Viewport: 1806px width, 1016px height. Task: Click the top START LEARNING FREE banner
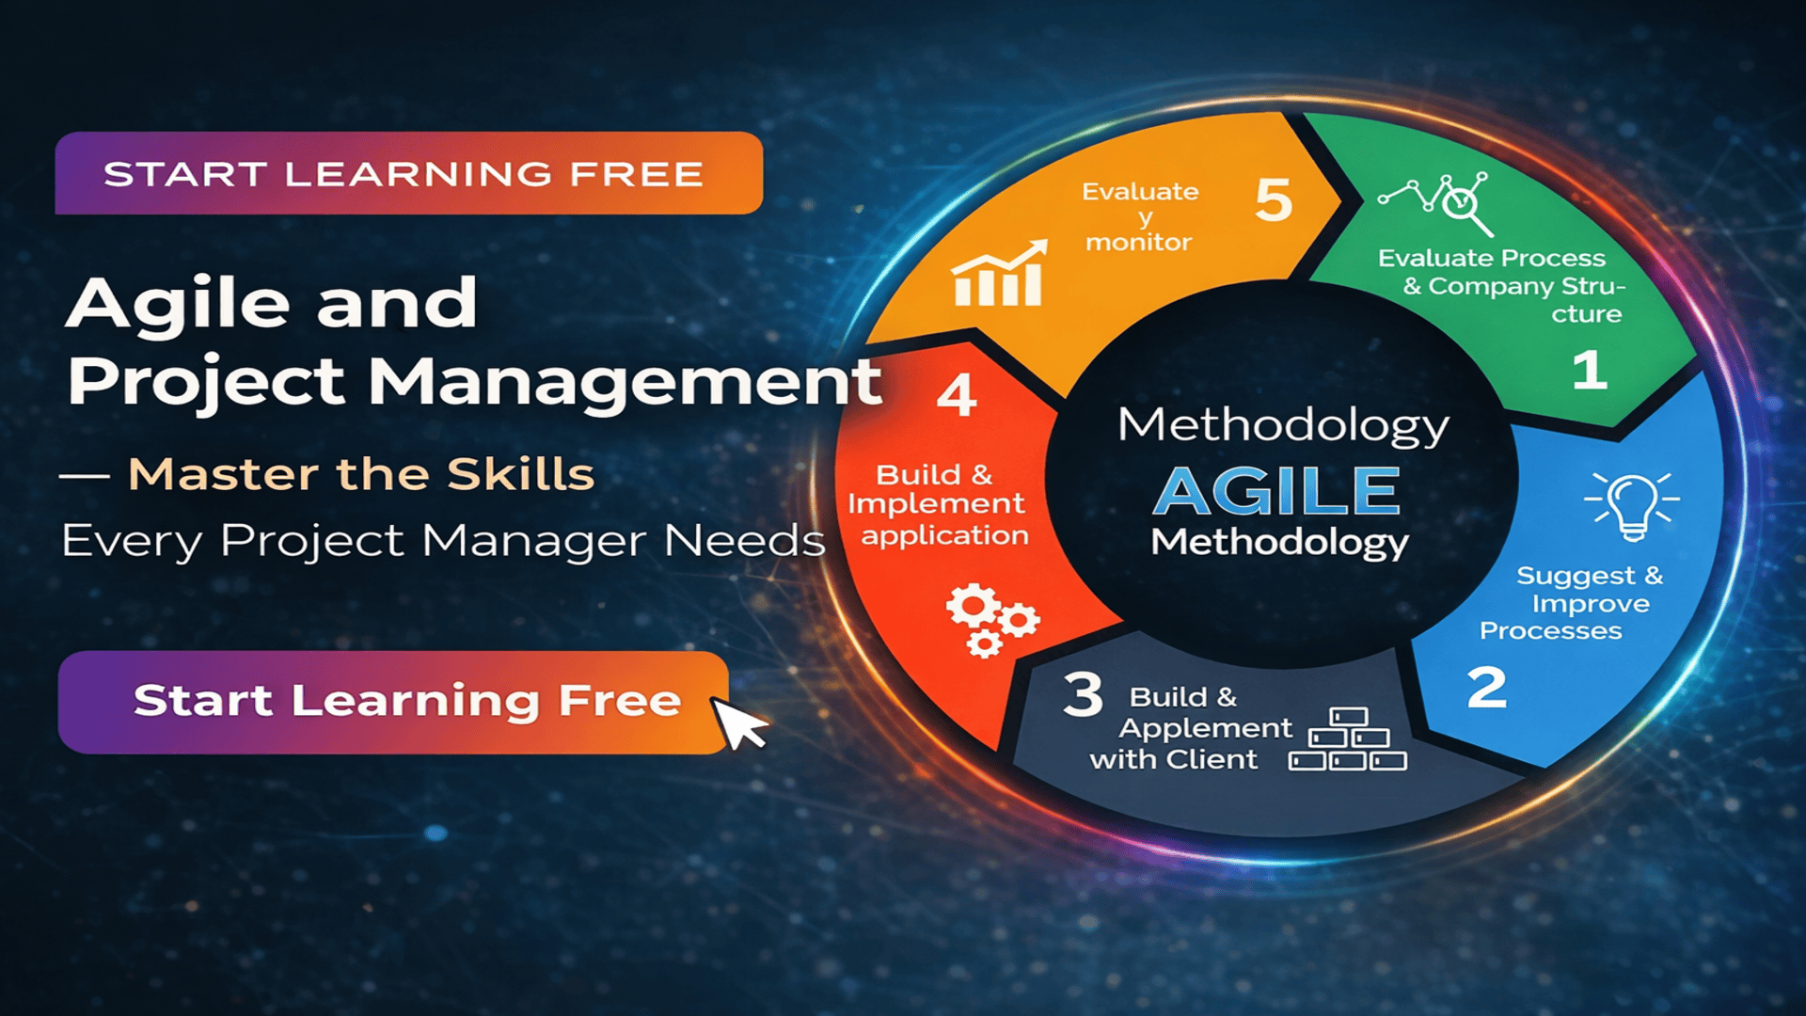click(408, 173)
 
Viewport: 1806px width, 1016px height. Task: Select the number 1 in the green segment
click(1590, 370)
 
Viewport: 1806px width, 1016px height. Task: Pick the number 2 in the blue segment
click(1486, 688)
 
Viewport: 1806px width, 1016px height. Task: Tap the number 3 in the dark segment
click(1083, 695)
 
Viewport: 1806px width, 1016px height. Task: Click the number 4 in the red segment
click(957, 395)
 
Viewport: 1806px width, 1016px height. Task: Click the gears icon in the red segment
click(990, 620)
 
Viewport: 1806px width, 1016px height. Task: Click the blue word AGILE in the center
click(1277, 491)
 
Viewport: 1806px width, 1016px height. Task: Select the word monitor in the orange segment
click(1138, 243)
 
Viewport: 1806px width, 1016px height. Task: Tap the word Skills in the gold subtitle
click(520, 474)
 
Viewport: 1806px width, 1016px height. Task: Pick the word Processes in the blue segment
click(1550, 630)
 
